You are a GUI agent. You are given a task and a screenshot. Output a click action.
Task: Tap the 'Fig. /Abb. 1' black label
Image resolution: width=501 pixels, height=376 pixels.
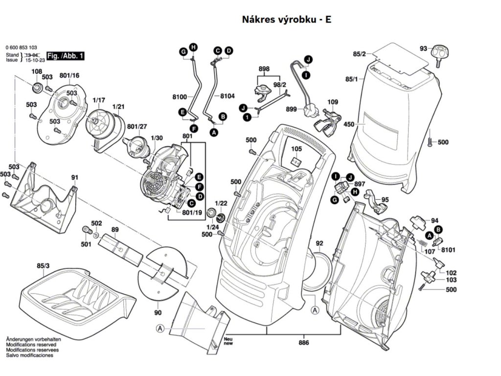click(x=65, y=56)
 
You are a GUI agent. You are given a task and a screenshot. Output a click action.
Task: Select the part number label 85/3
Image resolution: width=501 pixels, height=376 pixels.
click(x=43, y=266)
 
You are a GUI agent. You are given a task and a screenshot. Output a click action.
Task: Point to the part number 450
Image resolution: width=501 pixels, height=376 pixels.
click(x=349, y=125)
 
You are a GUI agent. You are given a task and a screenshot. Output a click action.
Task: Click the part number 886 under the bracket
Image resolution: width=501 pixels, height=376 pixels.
click(x=304, y=343)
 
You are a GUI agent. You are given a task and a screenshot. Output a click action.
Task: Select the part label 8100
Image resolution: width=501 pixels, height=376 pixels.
click(x=180, y=96)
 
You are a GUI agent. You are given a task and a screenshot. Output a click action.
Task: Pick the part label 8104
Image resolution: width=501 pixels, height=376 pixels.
click(x=228, y=96)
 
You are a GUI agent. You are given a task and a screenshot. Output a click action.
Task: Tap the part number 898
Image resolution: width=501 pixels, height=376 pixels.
click(x=264, y=69)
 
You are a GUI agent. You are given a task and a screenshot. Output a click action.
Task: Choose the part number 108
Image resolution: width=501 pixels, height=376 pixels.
click(x=37, y=72)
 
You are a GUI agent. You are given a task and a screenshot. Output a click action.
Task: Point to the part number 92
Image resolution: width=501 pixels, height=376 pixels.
click(x=319, y=243)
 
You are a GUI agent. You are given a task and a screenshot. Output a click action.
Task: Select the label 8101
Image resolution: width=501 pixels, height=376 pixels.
click(x=448, y=250)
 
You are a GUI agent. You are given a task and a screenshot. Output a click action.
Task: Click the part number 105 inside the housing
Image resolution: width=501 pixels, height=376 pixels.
click(x=296, y=149)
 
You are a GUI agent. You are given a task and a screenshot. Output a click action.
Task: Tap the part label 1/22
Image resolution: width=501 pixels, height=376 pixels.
click(x=221, y=203)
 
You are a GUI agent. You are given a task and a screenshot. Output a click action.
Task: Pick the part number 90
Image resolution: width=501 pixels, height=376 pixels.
click(x=158, y=312)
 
